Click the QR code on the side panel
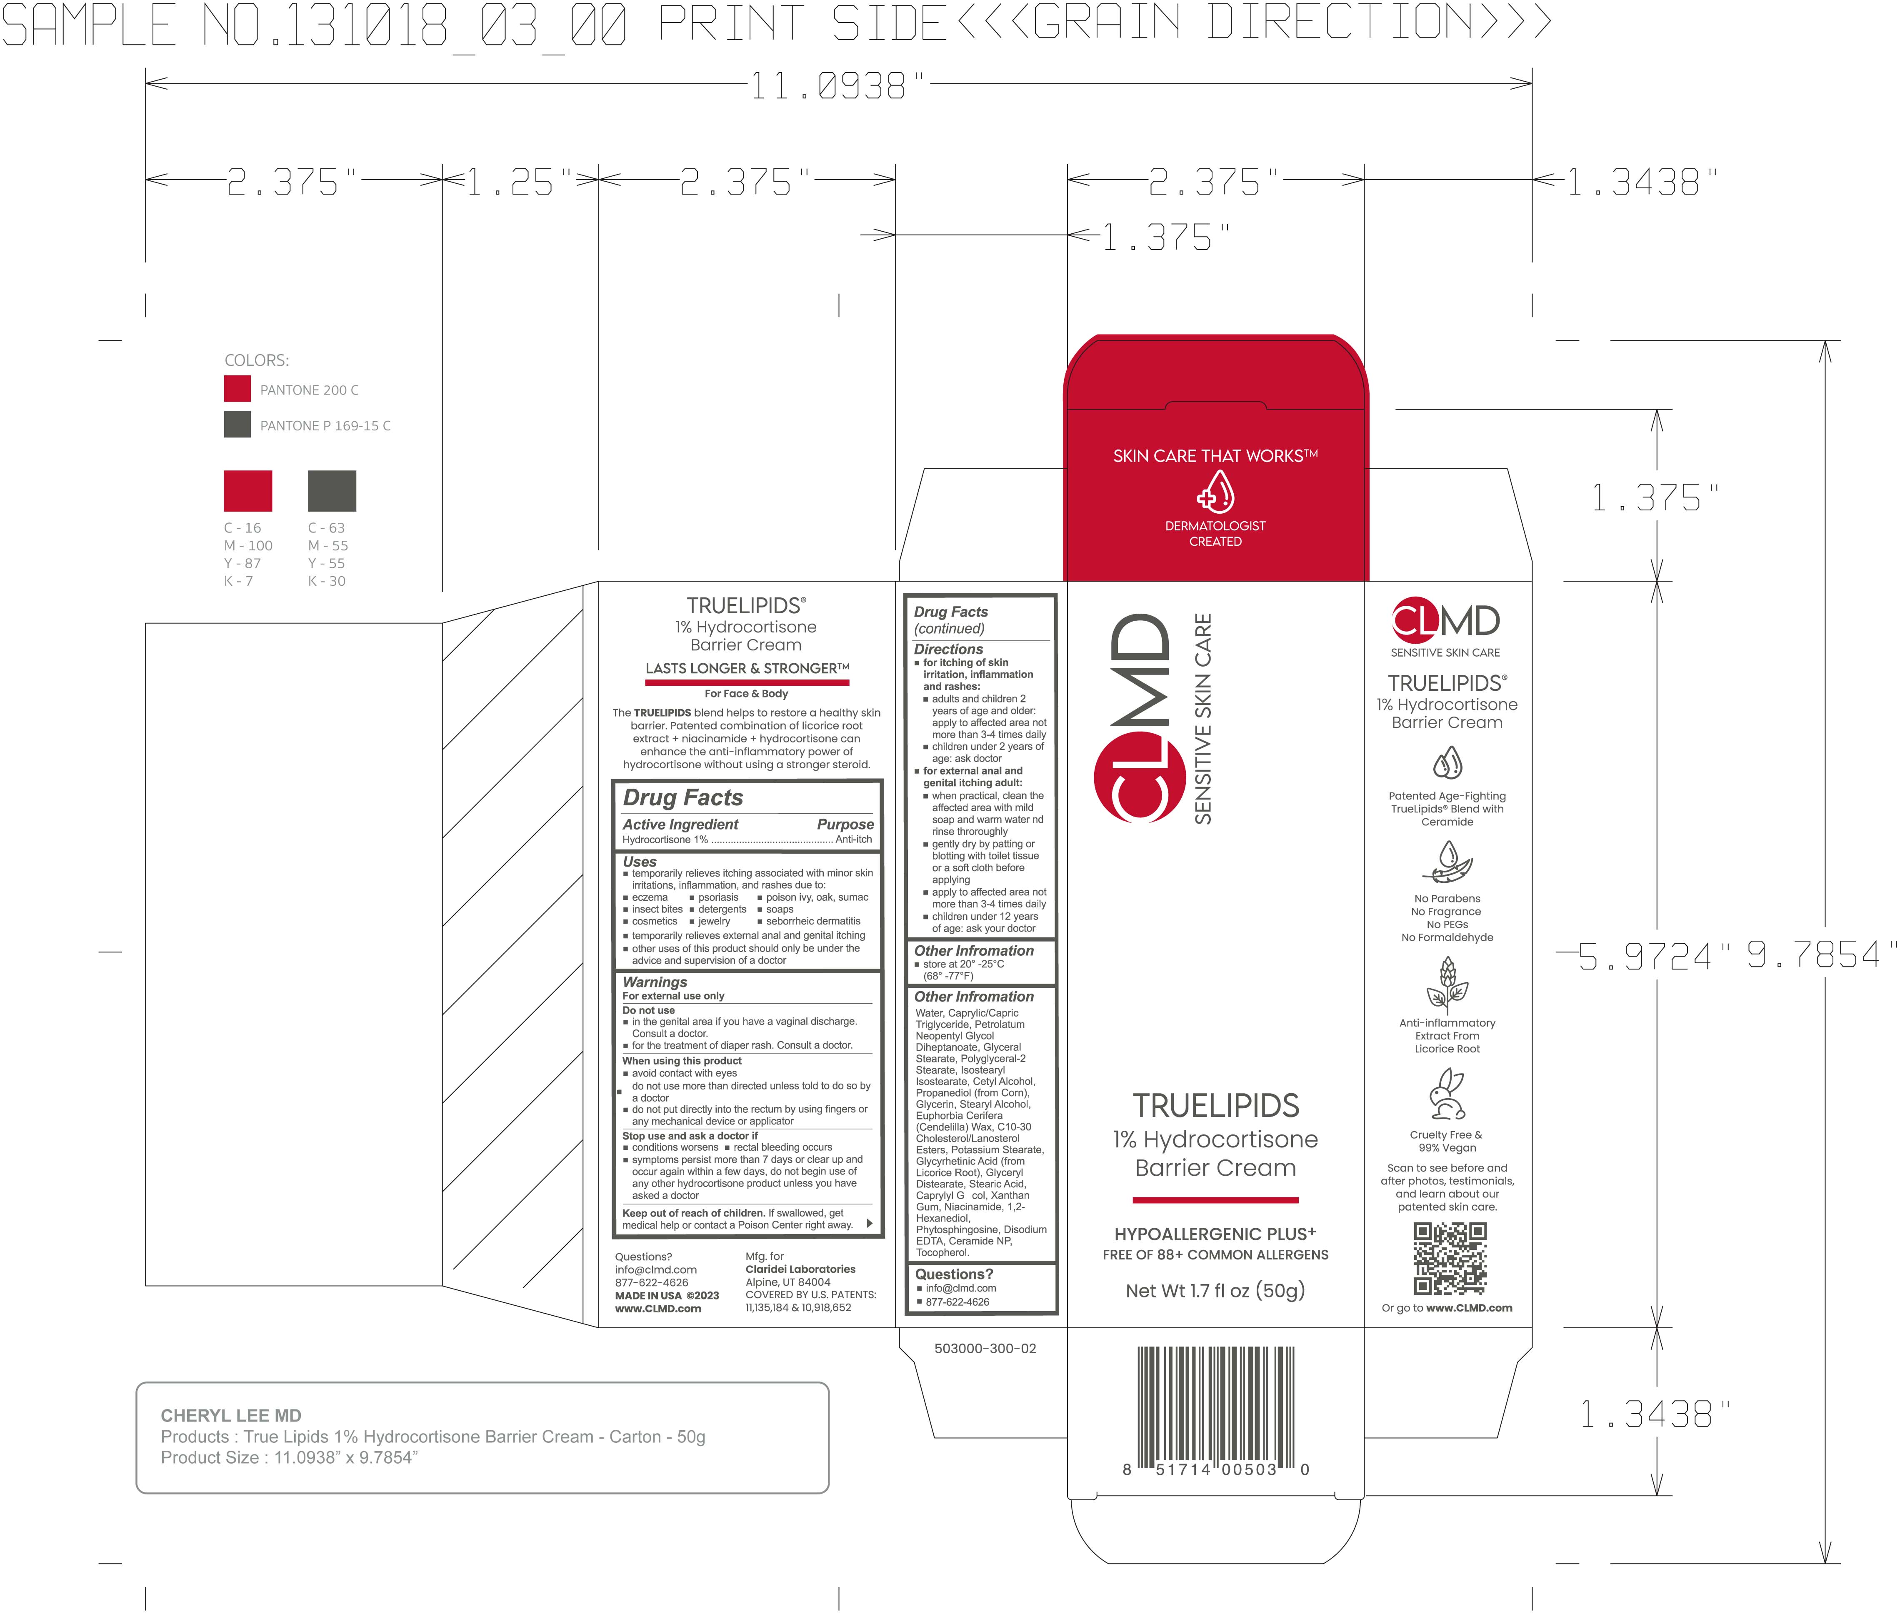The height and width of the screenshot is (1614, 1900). click(x=1450, y=1259)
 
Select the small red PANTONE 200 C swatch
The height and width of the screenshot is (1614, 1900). click(x=237, y=389)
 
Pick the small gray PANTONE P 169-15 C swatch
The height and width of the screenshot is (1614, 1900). click(x=237, y=425)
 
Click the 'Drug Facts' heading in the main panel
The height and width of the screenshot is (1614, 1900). click(x=683, y=798)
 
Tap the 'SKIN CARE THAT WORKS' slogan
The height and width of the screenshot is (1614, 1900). click(x=1215, y=456)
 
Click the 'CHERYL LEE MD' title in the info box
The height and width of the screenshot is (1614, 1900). click(x=231, y=1415)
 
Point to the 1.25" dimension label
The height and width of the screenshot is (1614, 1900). click(x=519, y=183)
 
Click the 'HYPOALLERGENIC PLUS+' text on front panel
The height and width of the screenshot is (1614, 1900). click(x=1215, y=1233)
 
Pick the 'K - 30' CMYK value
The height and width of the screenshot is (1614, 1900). click(x=327, y=581)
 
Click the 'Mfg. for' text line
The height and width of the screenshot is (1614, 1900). click(x=764, y=1256)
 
